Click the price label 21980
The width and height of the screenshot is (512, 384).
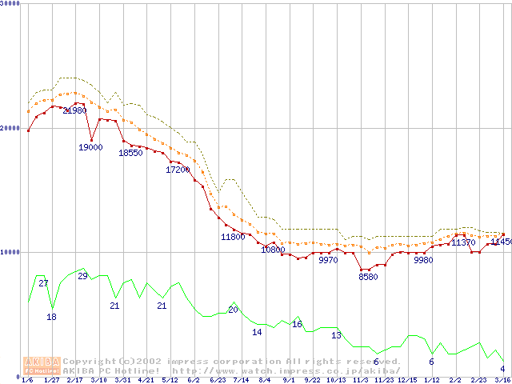point(74,110)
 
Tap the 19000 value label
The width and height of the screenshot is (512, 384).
point(90,147)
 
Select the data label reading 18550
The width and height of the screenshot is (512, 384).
point(130,153)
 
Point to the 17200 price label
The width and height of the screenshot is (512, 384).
point(178,170)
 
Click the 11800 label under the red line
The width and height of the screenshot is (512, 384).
point(233,237)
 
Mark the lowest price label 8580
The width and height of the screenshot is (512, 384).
point(368,277)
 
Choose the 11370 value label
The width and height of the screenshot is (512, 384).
point(463,242)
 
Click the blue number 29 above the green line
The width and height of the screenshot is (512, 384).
point(82,276)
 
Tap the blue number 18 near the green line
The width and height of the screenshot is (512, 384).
point(52,317)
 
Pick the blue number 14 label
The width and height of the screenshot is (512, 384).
point(257,332)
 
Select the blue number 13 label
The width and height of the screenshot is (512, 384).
point(336,335)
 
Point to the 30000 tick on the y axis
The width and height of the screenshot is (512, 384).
point(10,4)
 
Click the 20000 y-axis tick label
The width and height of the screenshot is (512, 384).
point(10,128)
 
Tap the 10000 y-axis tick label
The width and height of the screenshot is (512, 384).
point(10,252)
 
